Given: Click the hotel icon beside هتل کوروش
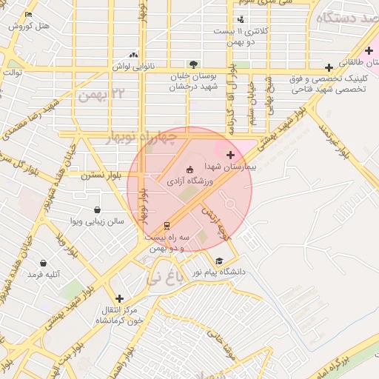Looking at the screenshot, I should pyautogui.click(x=28, y=15).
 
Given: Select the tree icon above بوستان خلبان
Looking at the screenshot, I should pyautogui.click(x=193, y=64).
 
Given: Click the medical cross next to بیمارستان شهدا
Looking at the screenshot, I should pyautogui.click(x=231, y=155).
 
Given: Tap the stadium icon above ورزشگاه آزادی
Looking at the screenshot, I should pyautogui.click(x=189, y=170).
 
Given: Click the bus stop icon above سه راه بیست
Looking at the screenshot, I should pyautogui.click(x=167, y=225).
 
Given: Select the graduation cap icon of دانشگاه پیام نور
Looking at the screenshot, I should pyautogui.click(x=218, y=261).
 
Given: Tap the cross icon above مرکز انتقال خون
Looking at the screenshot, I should pyautogui.click(x=119, y=298).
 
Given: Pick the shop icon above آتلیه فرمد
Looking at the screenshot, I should pyautogui.click(x=44, y=264).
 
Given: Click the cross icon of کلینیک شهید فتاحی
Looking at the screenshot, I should pyautogui.click(x=329, y=67).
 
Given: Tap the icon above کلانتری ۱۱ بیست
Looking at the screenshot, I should pyautogui.click(x=240, y=20).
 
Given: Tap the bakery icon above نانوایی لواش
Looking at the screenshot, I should pyautogui.click(x=133, y=55).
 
